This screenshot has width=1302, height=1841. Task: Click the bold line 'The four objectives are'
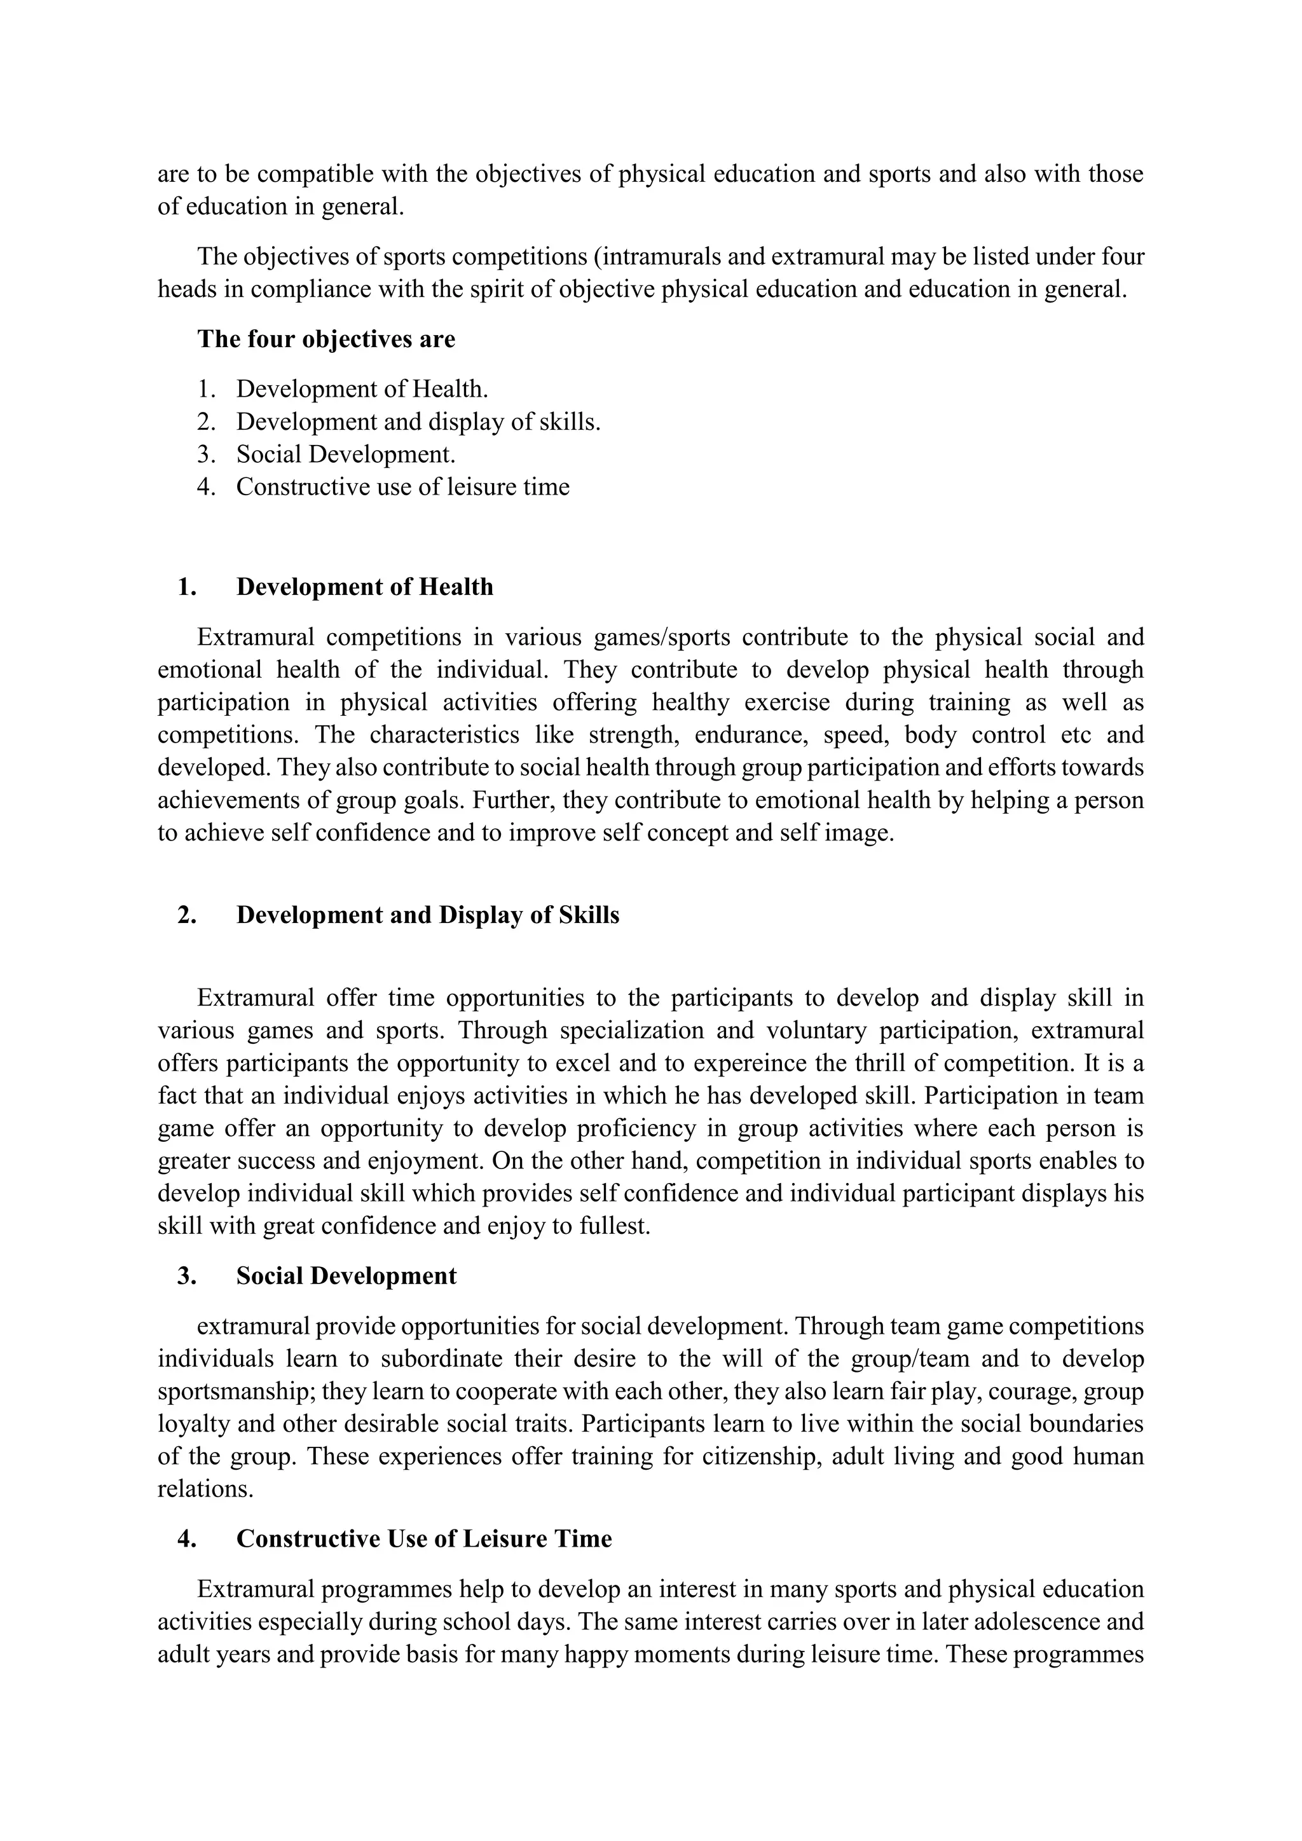pyautogui.click(x=325, y=339)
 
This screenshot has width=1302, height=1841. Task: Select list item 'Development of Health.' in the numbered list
pyautogui.click(x=362, y=389)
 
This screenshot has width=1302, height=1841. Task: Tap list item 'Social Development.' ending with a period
pyautogui.click(x=346, y=455)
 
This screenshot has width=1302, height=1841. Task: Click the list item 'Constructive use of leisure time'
pyautogui.click(x=402, y=487)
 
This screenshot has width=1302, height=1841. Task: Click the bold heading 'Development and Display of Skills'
pyautogui.click(x=427, y=915)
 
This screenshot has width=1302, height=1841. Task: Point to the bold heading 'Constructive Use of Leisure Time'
pyautogui.click(x=423, y=1538)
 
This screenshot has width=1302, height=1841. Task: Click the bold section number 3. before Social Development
pyautogui.click(x=187, y=1276)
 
